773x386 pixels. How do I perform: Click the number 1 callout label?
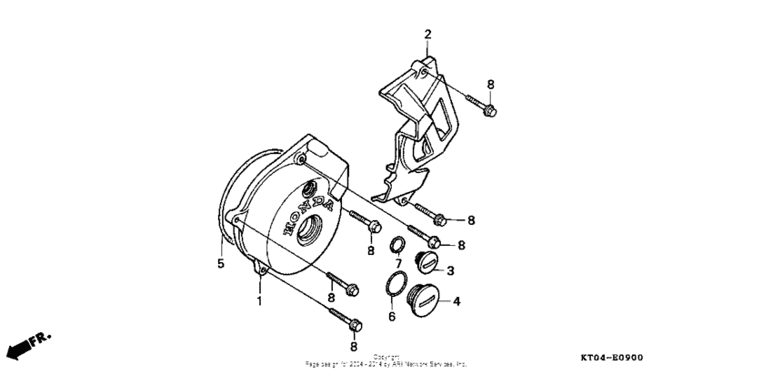pyautogui.click(x=259, y=300)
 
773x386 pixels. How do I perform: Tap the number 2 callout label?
pyautogui.click(x=427, y=35)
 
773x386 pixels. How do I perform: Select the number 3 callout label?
pyautogui.click(x=449, y=270)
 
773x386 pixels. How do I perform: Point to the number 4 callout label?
pyautogui.click(x=456, y=300)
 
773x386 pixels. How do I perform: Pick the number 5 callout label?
pyautogui.click(x=219, y=265)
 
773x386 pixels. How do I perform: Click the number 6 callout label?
pyautogui.click(x=392, y=317)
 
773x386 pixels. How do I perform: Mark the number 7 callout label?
pyautogui.click(x=397, y=264)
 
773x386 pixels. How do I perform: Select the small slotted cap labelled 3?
pyautogui.click(x=427, y=264)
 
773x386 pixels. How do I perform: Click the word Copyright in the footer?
pyautogui.click(x=386, y=357)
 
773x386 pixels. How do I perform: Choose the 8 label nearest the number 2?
pyautogui.click(x=490, y=85)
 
